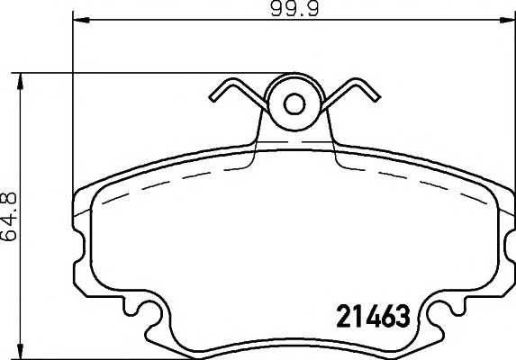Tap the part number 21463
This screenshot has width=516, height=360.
[x=373, y=316]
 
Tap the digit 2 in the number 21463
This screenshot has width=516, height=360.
[x=343, y=316]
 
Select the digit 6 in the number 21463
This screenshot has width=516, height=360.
[x=388, y=316]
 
